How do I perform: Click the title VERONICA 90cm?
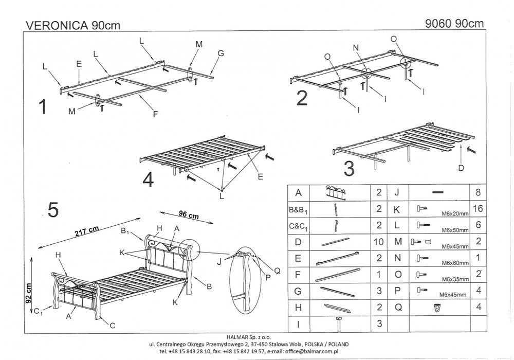73,25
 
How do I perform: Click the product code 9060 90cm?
454,23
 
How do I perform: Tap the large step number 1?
43,106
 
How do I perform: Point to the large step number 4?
148,180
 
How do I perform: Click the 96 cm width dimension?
189,215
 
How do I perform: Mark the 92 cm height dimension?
28,293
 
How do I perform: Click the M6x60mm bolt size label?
455,263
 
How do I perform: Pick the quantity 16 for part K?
478,208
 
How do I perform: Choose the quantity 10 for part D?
379,242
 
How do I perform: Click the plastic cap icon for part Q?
437,308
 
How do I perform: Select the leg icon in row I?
338,324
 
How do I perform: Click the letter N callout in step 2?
356,48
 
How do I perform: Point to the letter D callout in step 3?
461,168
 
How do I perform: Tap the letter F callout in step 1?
155,114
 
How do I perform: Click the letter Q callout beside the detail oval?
277,271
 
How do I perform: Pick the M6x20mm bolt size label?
455,214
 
